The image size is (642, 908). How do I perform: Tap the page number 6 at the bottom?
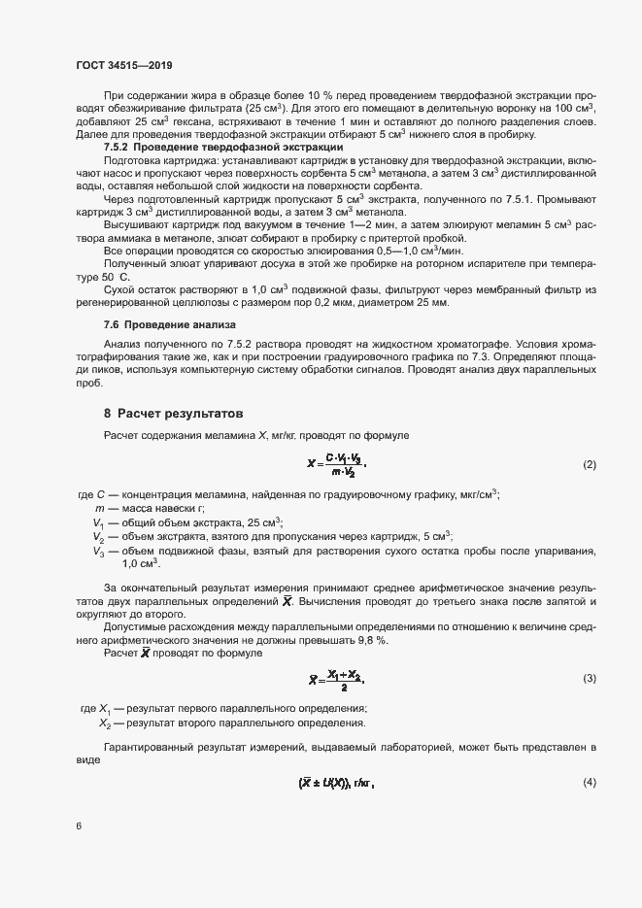79,826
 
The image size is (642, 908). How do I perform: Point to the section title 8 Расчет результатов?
180,414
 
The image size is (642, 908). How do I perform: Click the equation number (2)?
589,465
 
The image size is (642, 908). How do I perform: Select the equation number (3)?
589,677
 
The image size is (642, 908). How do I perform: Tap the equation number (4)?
589,783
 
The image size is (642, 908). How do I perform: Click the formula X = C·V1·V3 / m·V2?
337,465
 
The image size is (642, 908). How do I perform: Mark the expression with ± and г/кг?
337,783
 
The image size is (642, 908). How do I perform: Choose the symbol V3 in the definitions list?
98,552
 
